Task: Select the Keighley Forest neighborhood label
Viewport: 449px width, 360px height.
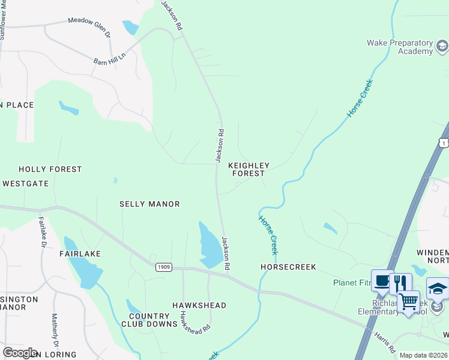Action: pyautogui.click(x=249, y=169)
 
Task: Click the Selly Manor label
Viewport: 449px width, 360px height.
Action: pyautogui.click(x=149, y=204)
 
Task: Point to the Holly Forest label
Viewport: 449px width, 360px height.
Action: pyautogui.click(x=50, y=169)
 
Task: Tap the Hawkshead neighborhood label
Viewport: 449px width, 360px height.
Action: pyautogui.click(x=199, y=305)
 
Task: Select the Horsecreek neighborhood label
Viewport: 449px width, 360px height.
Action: pyautogui.click(x=288, y=266)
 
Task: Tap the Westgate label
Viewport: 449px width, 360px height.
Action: pyautogui.click(x=25, y=184)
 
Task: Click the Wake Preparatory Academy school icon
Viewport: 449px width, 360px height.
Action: pyautogui.click(x=442, y=46)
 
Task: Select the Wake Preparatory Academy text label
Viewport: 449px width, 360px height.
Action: pyautogui.click(x=400, y=47)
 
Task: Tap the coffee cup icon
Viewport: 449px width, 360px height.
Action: pyautogui.click(x=382, y=281)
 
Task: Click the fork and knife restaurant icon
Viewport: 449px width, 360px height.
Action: pyautogui.click(x=400, y=283)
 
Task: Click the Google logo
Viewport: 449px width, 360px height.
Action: pyautogui.click(x=20, y=353)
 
